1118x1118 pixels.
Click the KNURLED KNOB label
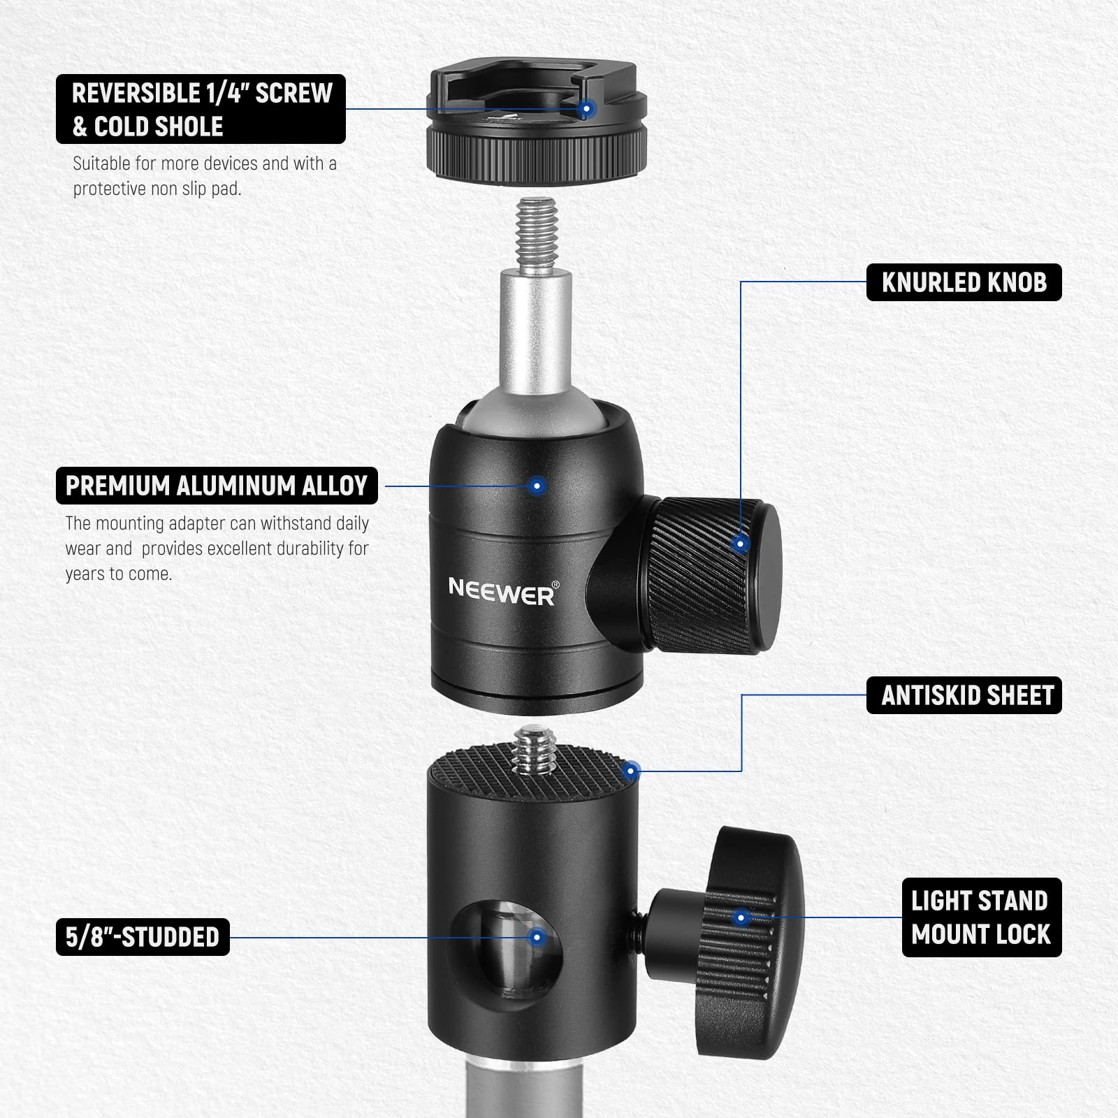964,282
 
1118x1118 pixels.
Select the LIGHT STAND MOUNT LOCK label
980,917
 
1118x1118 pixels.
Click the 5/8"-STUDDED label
143,936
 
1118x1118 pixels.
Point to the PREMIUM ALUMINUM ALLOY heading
217,486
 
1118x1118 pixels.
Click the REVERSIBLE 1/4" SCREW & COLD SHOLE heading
201,109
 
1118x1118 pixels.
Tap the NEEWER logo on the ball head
502,591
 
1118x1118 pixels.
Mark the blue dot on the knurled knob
741,544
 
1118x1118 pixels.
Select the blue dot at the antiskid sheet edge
630,771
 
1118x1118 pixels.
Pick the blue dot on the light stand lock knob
742,917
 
